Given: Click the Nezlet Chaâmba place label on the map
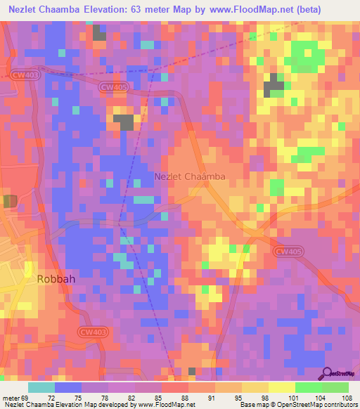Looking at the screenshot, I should point(190,177).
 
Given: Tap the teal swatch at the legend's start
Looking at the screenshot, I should point(41,387).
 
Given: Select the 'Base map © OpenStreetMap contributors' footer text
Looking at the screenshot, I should point(298,404).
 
